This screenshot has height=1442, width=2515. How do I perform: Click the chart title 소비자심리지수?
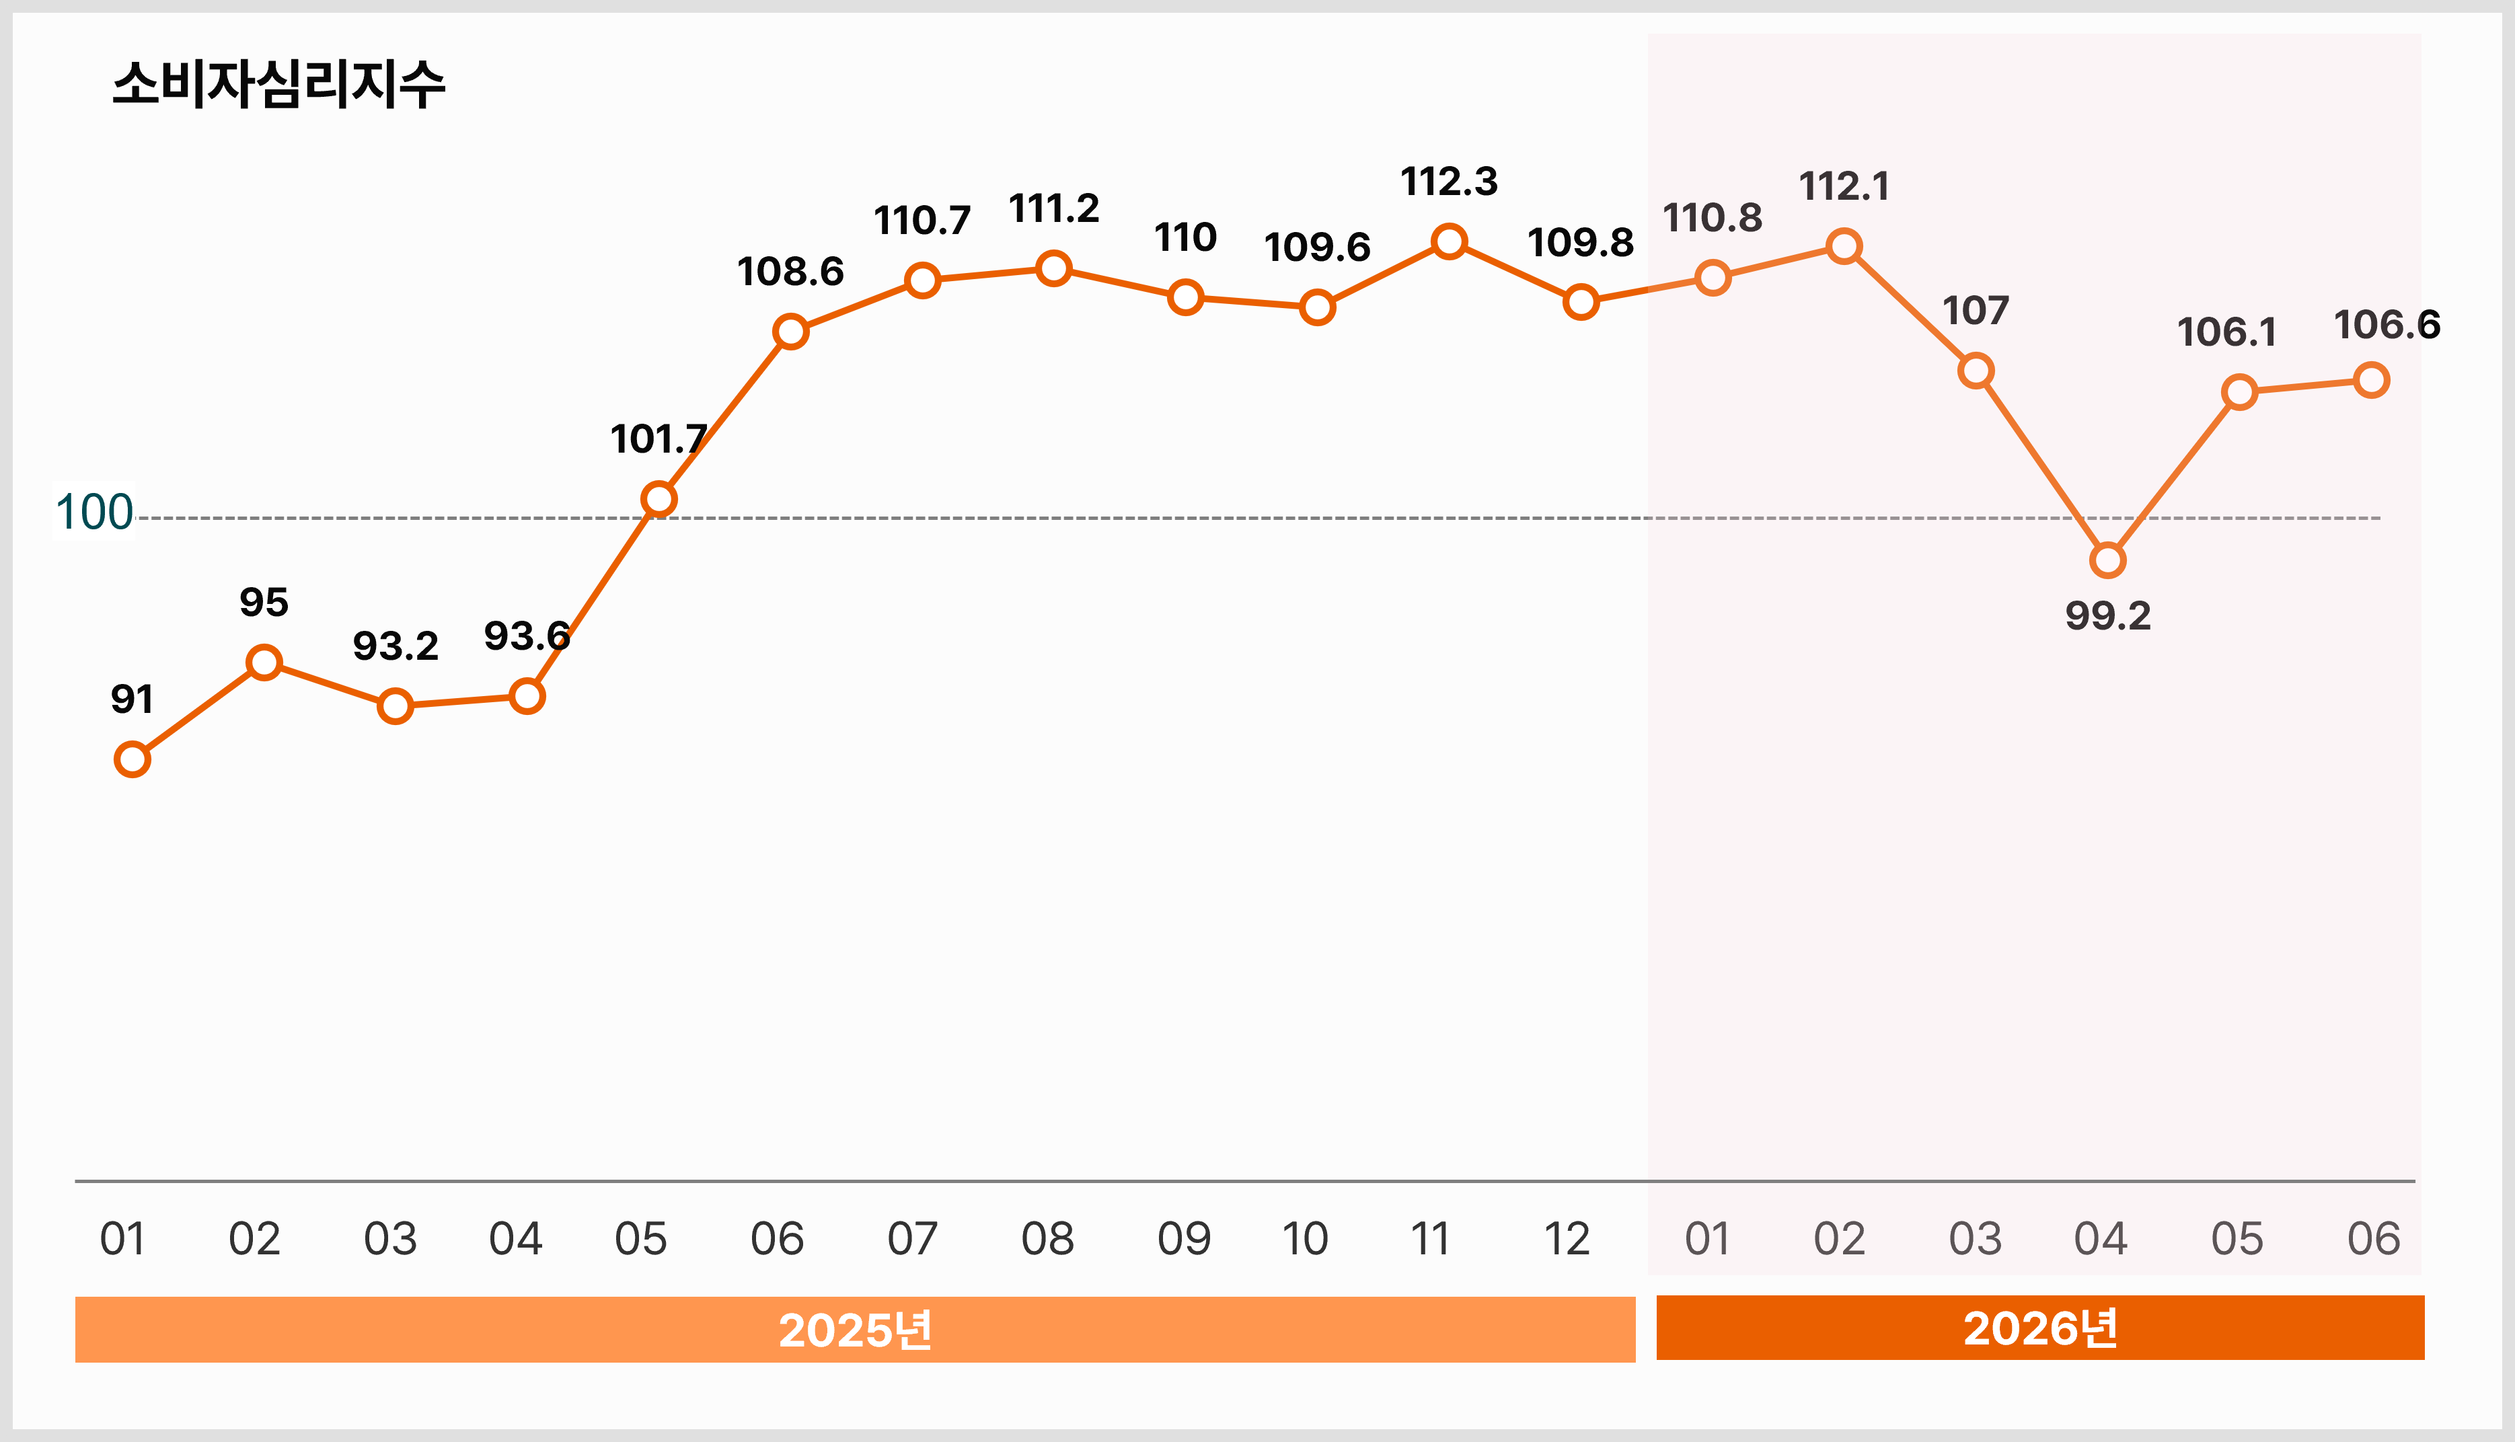click(278, 84)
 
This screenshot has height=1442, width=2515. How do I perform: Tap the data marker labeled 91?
click(132, 759)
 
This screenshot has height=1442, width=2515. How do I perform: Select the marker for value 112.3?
click(1449, 241)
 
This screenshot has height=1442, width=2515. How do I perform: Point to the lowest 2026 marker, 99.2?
click(2107, 560)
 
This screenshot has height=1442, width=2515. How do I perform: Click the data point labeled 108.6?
click(790, 331)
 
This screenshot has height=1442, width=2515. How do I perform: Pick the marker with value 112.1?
click(1844, 245)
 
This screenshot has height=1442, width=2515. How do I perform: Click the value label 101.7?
click(659, 439)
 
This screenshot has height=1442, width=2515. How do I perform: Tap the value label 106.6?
click(2387, 325)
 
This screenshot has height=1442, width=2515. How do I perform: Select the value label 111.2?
click(1053, 209)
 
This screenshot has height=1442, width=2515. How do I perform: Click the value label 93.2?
click(395, 646)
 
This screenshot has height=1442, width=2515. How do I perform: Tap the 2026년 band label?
click(2041, 1328)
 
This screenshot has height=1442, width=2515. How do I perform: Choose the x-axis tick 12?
click(1567, 1239)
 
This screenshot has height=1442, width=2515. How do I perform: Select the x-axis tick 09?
click(1185, 1239)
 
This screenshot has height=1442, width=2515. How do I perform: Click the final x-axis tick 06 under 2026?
click(2373, 1239)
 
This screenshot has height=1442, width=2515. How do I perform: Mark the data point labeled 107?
click(1976, 371)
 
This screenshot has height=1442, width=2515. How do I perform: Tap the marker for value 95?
click(264, 662)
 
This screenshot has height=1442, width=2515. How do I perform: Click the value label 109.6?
click(1317, 248)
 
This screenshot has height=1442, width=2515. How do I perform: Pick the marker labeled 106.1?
click(2240, 392)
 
